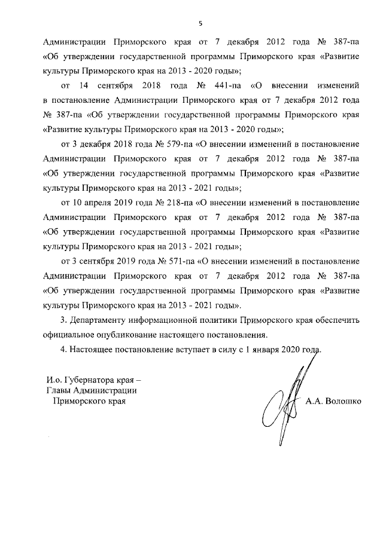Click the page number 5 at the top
point(201,23)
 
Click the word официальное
point(72,334)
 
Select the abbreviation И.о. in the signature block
point(55,379)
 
